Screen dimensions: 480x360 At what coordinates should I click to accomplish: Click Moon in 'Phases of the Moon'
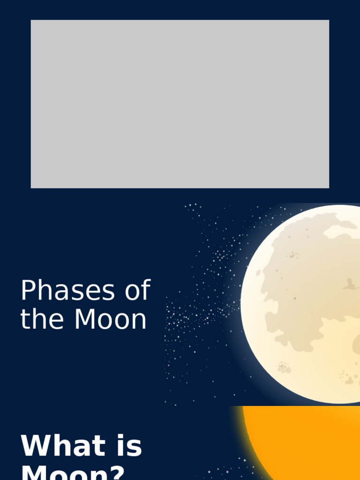coord(111,320)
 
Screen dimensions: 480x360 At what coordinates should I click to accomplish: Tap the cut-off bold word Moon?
coord(73,472)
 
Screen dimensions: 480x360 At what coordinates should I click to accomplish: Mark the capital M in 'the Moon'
coord(84,320)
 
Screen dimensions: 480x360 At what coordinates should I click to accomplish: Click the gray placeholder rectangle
coord(180,104)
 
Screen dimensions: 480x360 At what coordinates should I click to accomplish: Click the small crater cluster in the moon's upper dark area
coord(294,255)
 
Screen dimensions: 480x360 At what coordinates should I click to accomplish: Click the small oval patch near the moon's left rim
coord(258,273)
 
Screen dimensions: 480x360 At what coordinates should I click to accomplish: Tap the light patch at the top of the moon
coord(340,231)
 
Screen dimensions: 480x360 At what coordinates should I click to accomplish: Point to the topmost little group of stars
coord(193,206)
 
